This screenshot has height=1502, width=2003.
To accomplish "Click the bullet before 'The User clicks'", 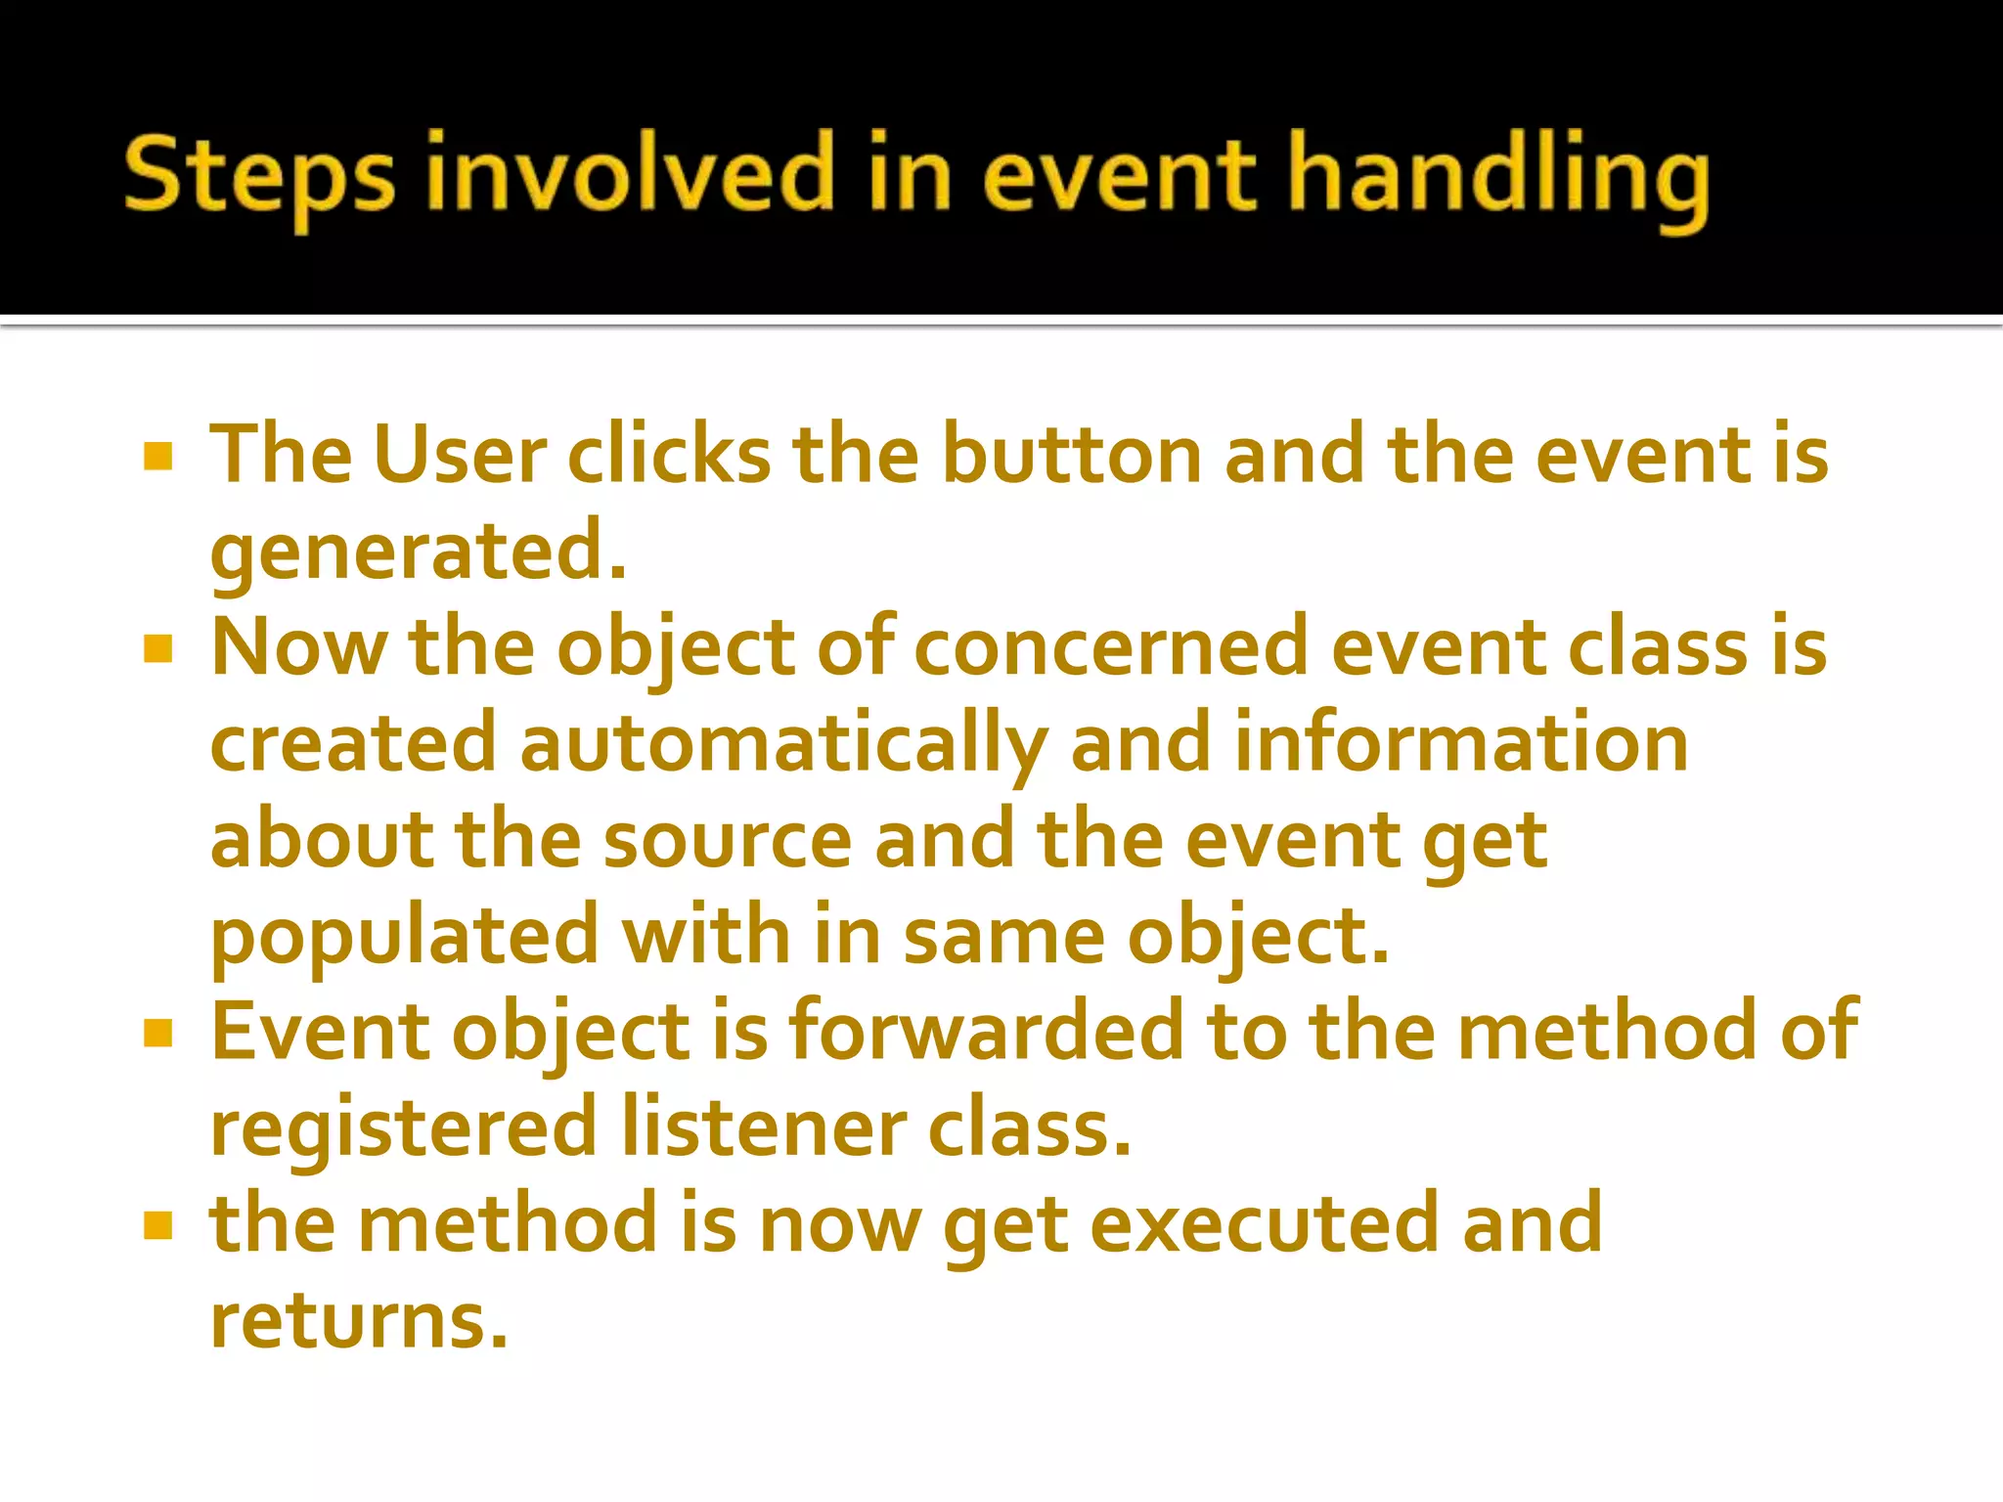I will (157, 457).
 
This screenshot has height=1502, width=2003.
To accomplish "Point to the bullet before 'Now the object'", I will (157, 648).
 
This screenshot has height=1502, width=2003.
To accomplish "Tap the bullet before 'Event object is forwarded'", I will (157, 1033).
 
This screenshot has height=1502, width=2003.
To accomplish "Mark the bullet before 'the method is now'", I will (157, 1224).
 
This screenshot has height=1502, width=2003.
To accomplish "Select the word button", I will (1071, 455).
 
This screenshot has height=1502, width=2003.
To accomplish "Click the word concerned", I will (1110, 647).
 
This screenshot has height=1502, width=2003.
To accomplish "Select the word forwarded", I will (986, 1031).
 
